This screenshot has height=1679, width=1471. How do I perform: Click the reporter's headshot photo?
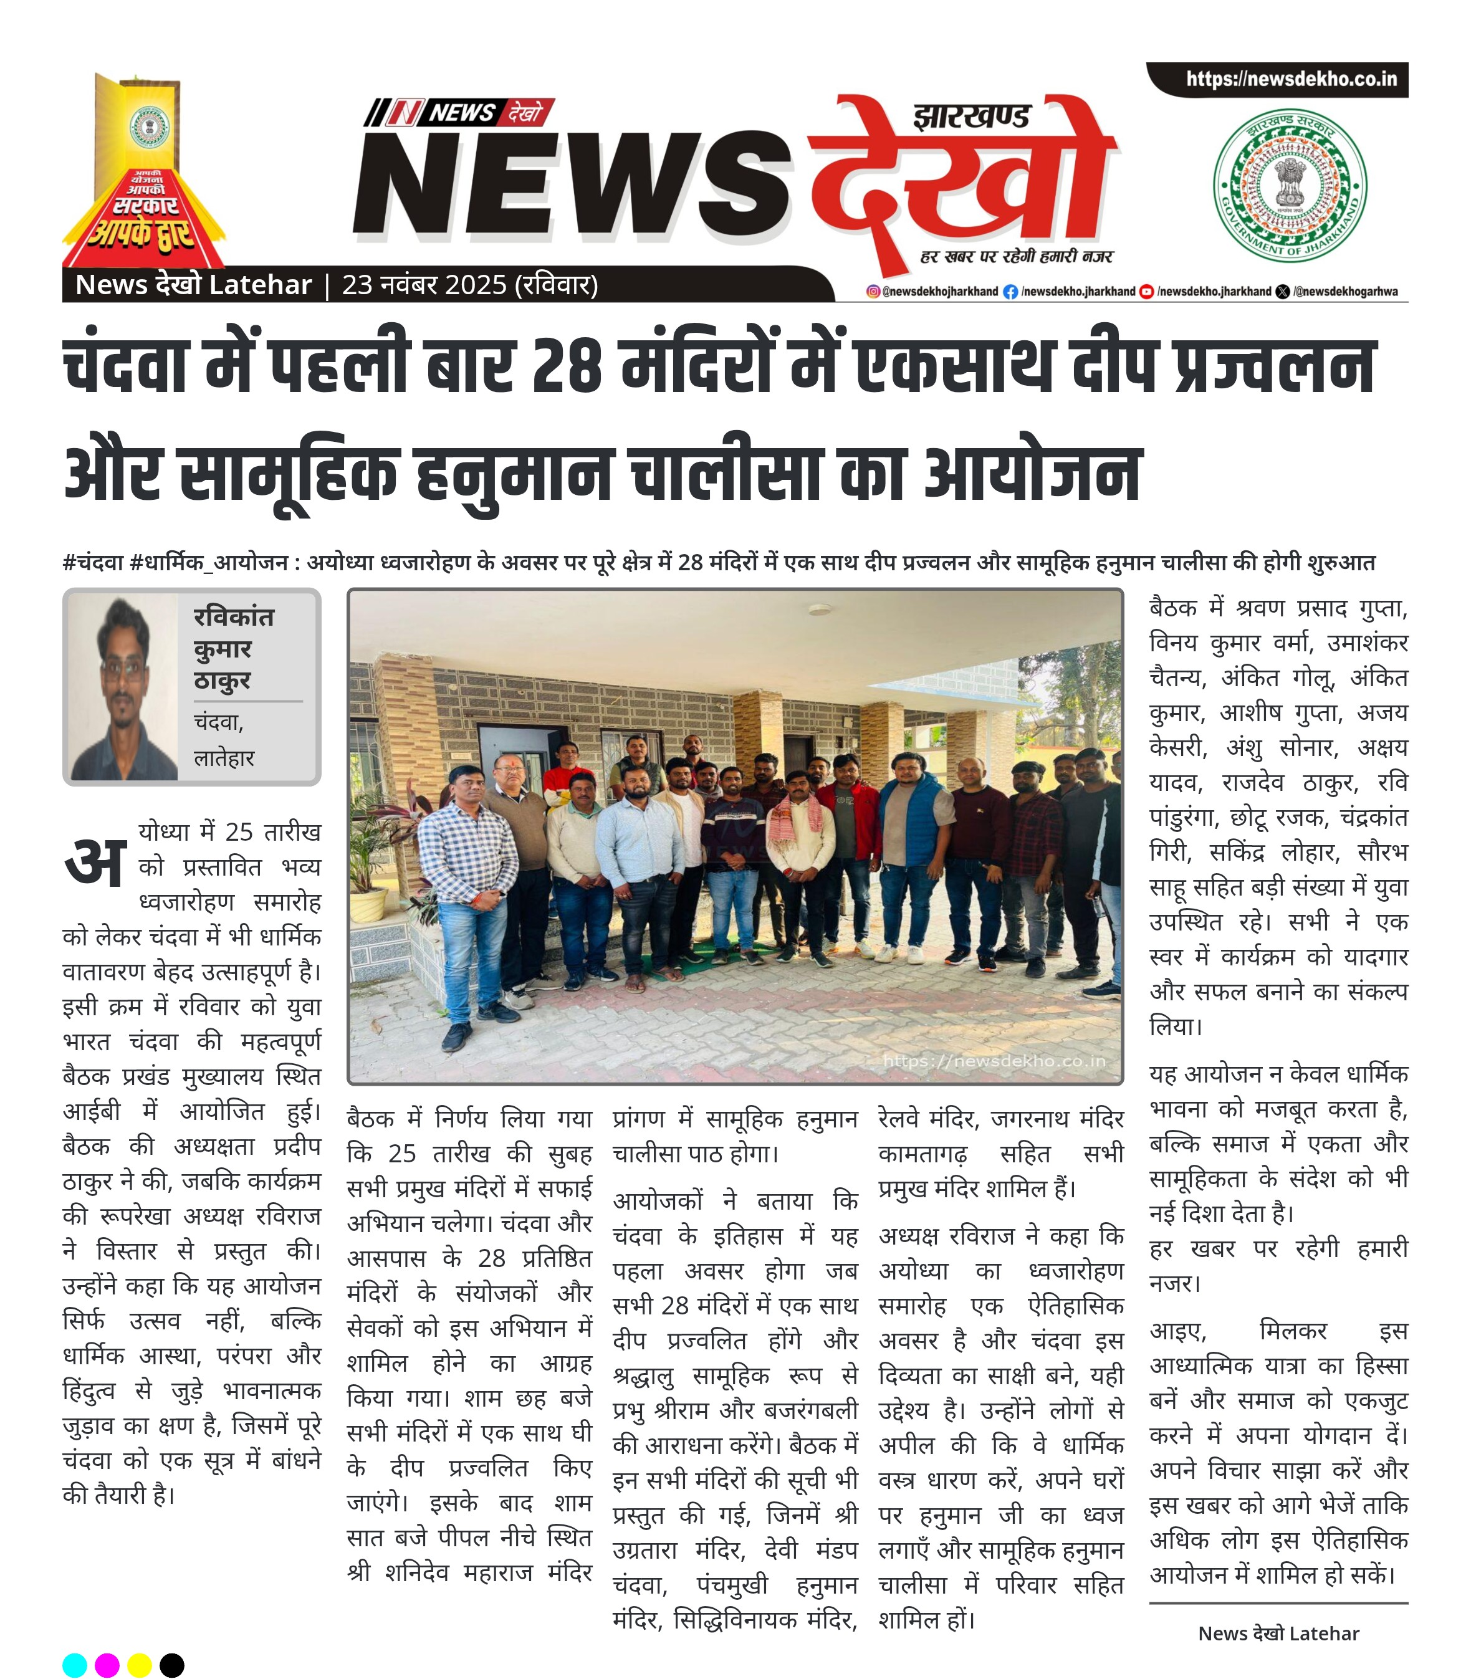coord(122,687)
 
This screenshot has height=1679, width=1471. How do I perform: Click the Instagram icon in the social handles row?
coord(873,291)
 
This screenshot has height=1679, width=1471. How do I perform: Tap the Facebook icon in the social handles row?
coord(1010,291)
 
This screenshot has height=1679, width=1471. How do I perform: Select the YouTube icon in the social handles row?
coord(1147,291)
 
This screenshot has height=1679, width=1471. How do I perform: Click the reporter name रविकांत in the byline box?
coord(234,616)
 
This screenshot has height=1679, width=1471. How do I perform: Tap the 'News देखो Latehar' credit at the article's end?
coord(1278,1633)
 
